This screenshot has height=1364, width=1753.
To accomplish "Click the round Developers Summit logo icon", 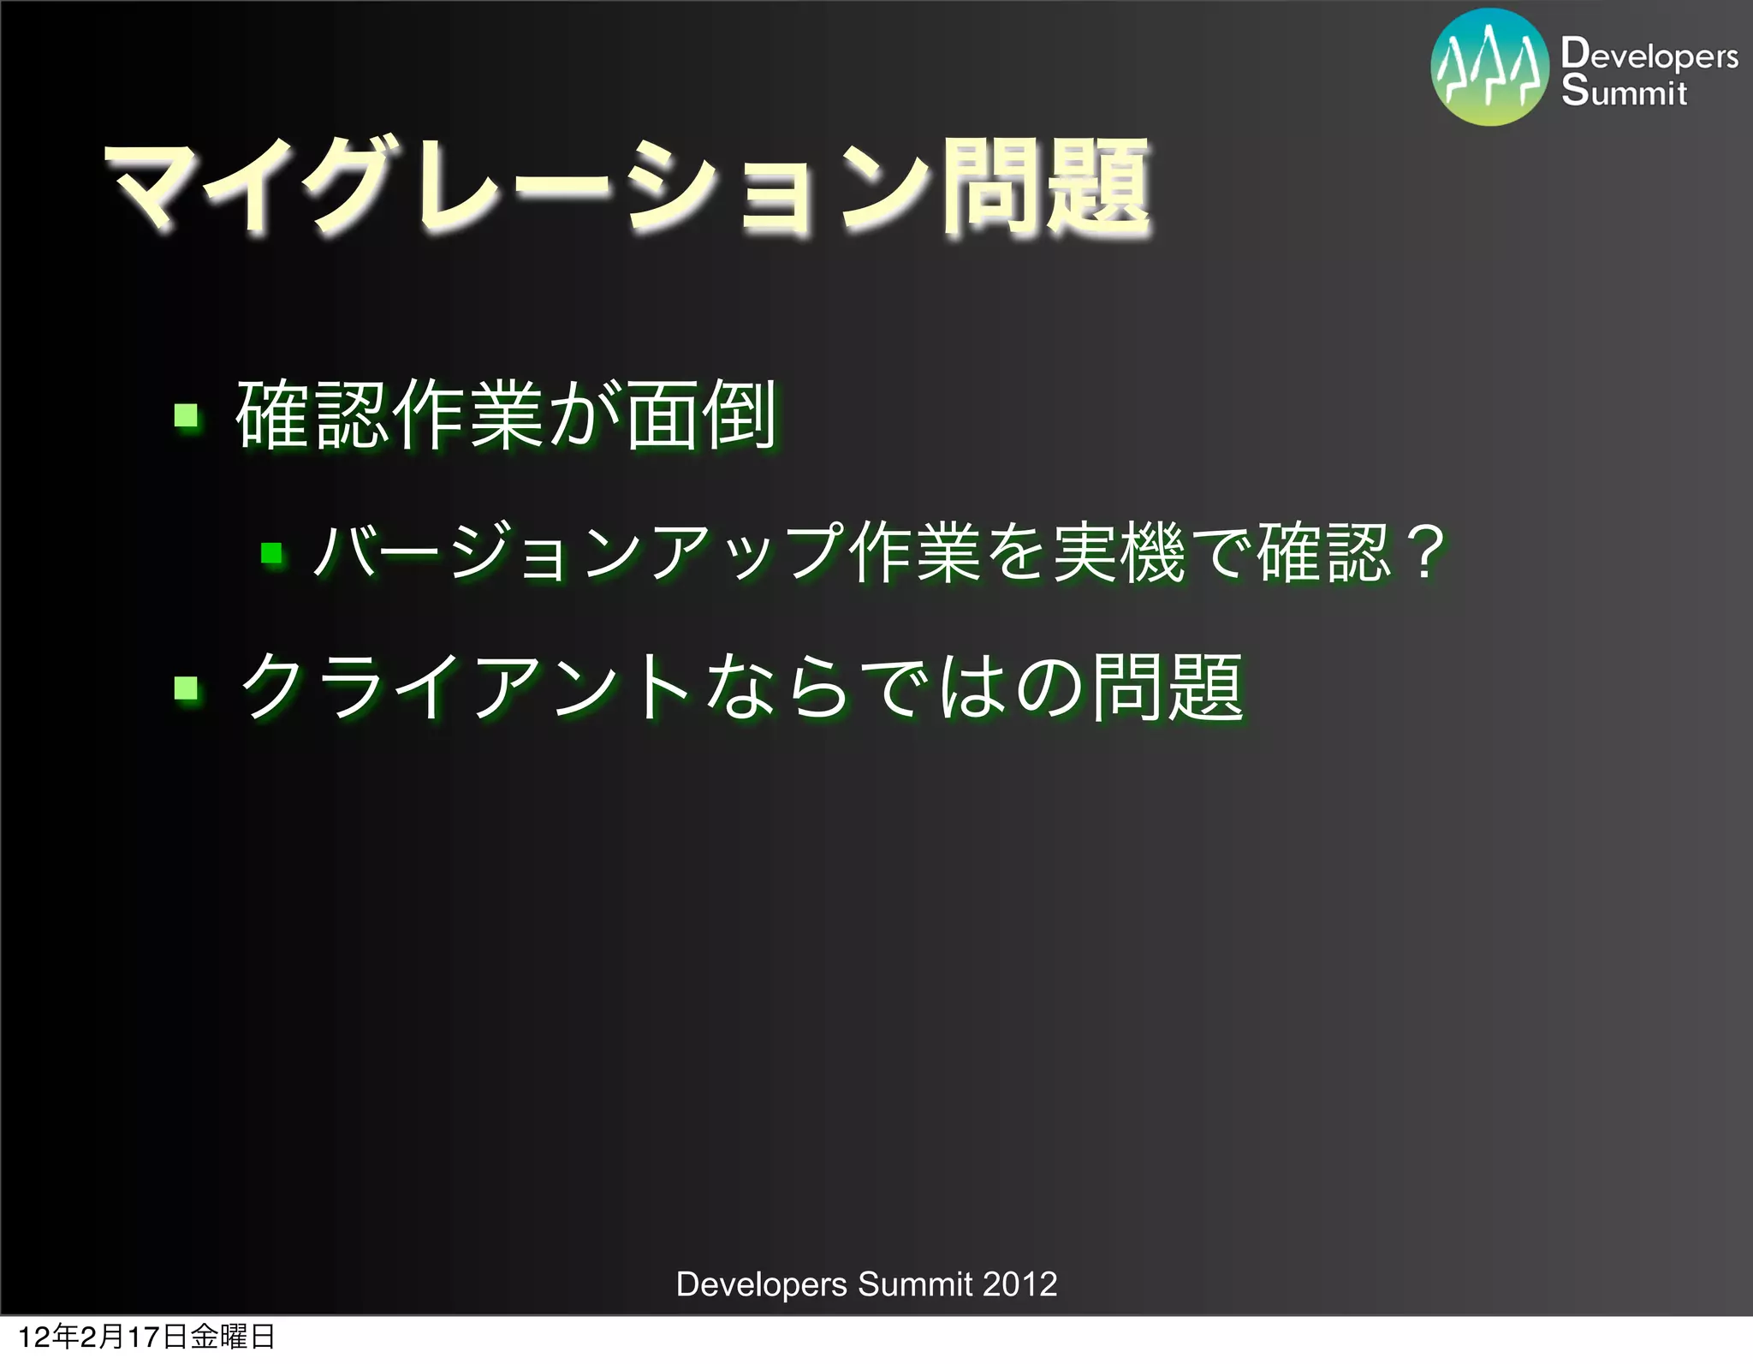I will (x=1489, y=68).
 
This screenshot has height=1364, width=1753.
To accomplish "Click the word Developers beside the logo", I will (x=1649, y=55).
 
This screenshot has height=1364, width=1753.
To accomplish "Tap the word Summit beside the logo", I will (x=1624, y=92).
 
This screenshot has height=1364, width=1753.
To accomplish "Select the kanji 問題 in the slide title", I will (x=1046, y=188).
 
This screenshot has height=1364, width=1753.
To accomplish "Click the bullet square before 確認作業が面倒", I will (x=186, y=417).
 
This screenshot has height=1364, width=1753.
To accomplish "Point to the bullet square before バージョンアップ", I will (x=272, y=553).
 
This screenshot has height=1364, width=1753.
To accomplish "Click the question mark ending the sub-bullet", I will (x=1426, y=553).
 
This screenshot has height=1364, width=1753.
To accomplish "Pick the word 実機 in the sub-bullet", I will (x=1119, y=553).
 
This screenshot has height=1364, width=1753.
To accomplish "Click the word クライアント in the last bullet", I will (x=466, y=688).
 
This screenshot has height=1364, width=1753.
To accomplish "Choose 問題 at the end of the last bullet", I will (x=1168, y=688).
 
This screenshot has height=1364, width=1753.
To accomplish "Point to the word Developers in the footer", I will (x=761, y=1284).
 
